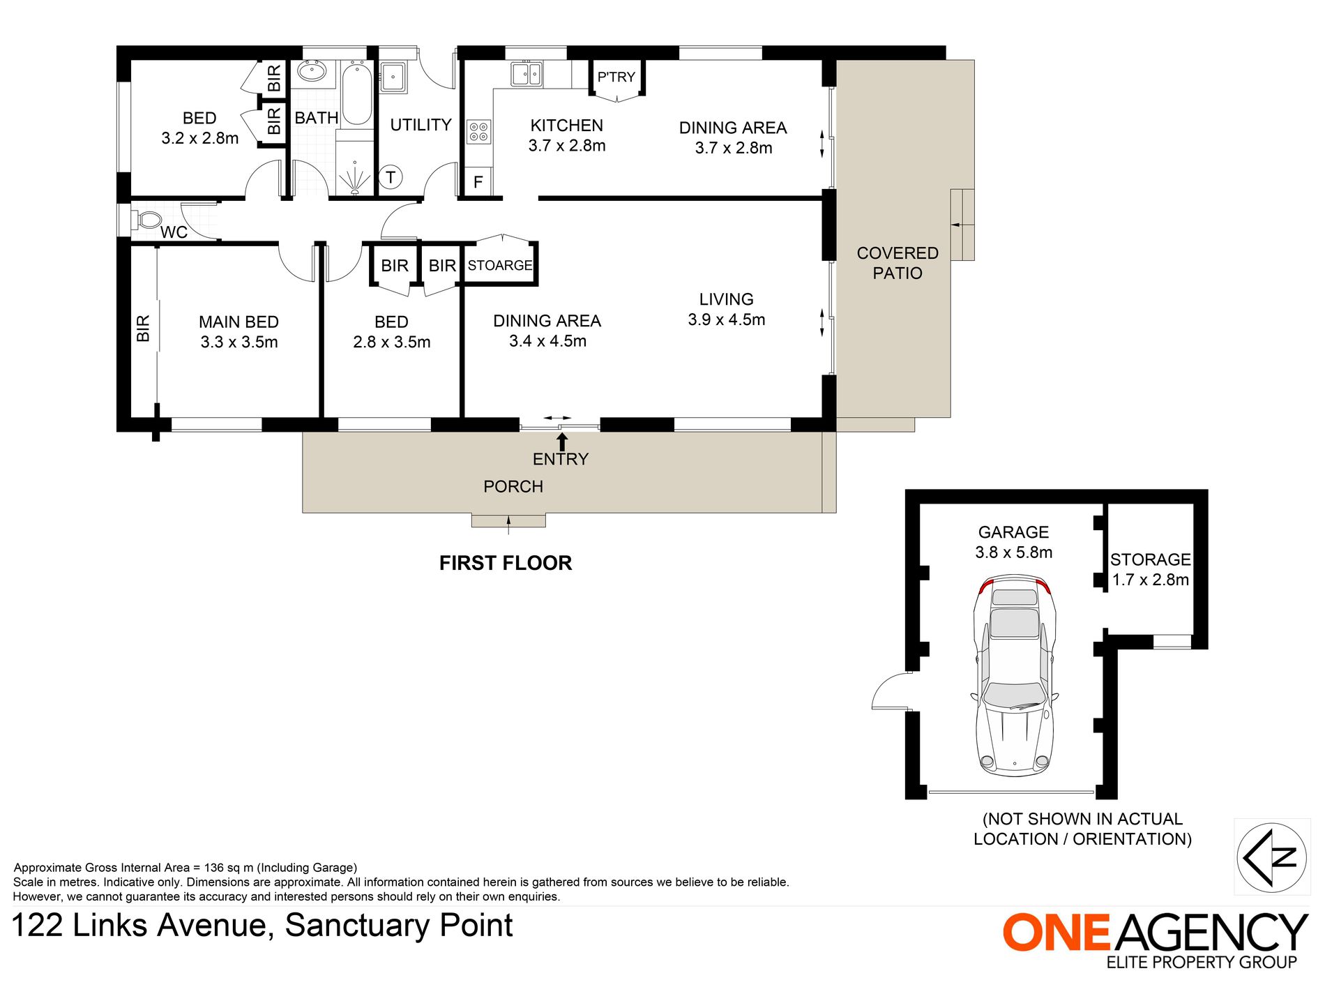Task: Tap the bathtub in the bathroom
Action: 356,93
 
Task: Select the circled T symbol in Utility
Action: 391,177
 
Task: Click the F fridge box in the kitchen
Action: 478,182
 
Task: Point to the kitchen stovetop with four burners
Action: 478,132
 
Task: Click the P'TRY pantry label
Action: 616,77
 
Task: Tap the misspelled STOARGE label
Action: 500,266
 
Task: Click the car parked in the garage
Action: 1014,676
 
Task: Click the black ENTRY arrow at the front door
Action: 562,442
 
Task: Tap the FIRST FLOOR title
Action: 506,563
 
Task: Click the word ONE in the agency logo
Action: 1056,932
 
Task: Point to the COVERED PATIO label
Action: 898,263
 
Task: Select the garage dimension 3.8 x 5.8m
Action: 1014,552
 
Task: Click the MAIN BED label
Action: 238,322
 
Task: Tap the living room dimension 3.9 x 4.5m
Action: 727,319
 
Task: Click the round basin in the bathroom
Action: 312,71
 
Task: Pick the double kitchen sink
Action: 527,74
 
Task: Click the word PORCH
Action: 513,487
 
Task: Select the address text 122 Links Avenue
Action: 139,926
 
